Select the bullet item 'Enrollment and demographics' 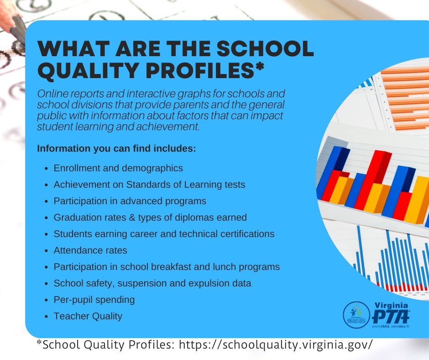pyautogui.click(x=118, y=168)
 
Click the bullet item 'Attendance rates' pyautogui.click(x=90, y=250)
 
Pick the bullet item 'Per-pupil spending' pyautogui.click(x=94, y=300)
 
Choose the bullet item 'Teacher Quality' pyautogui.click(x=88, y=316)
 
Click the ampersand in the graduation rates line pyautogui.click(x=132, y=217)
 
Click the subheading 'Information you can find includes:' pyautogui.click(x=116, y=149)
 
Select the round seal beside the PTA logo pyautogui.click(x=356, y=315)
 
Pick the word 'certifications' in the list pyautogui.click(x=247, y=234)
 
